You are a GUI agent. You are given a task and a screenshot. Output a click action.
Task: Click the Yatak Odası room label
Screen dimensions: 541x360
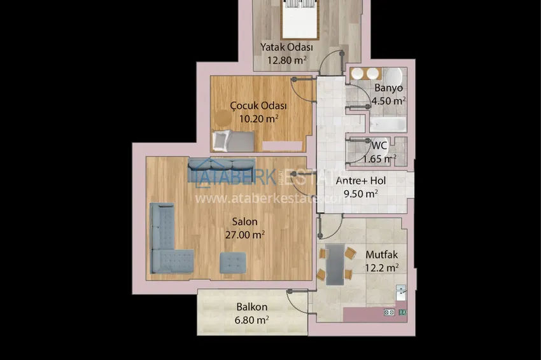[x=286, y=47]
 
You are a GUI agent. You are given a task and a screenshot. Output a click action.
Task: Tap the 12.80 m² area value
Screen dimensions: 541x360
[x=286, y=60]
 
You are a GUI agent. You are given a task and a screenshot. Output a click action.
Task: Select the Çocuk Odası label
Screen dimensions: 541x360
[x=258, y=106]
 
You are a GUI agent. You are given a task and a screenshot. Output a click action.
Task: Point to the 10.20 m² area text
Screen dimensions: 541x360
[x=259, y=118]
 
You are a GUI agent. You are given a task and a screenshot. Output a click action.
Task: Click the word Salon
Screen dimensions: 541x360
[x=244, y=221]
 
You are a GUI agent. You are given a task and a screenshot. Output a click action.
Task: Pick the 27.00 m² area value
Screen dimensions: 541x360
[x=245, y=235]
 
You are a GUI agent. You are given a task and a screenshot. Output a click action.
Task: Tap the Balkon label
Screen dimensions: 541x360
[x=252, y=307]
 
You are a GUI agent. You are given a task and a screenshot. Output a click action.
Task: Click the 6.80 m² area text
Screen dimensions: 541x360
[x=252, y=320]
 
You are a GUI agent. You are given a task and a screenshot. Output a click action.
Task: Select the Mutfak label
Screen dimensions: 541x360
[x=382, y=254]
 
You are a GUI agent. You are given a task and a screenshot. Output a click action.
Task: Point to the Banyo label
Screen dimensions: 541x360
[x=388, y=88]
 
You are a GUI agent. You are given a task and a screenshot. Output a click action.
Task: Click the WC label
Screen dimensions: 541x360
[x=379, y=145]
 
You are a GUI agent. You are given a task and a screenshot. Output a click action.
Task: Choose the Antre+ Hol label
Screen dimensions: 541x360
[x=361, y=181]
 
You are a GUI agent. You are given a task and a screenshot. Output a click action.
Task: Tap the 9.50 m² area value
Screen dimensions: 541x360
[x=361, y=193]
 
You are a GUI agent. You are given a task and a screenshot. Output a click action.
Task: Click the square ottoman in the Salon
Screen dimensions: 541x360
[x=233, y=263]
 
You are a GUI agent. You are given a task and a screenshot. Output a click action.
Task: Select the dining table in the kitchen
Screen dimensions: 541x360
[x=335, y=265]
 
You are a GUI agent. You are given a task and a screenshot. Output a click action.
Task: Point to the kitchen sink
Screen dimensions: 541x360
[x=400, y=293]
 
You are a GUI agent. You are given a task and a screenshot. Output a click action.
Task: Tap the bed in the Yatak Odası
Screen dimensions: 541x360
[x=299, y=19]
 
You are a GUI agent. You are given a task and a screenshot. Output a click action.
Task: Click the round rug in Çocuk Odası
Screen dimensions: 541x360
[x=223, y=118]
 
